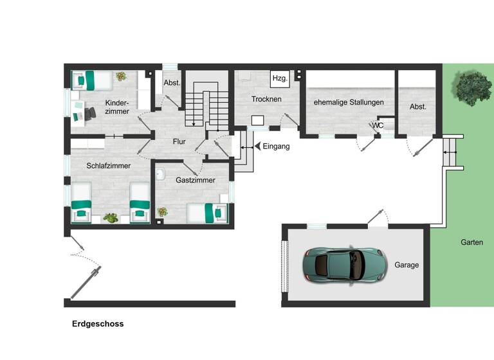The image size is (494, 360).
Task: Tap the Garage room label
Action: [407, 265]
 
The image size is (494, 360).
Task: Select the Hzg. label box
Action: [280, 78]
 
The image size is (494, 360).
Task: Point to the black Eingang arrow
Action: [257, 147]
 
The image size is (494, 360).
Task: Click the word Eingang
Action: [277, 147]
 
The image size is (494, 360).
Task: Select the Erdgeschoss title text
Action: [98, 324]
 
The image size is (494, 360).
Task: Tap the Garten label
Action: [471, 242]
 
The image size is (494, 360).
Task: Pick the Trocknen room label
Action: [266, 100]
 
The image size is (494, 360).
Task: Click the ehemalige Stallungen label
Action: [349, 102]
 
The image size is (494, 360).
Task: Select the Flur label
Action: [179, 141]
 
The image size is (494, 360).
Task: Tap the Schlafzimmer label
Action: [109, 166]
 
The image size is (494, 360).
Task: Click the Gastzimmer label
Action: [195, 181]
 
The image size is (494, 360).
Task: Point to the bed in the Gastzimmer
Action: [207, 213]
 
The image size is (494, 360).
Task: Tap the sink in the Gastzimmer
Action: [161, 174]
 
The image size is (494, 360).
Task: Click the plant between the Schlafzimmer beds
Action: [111, 218]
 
